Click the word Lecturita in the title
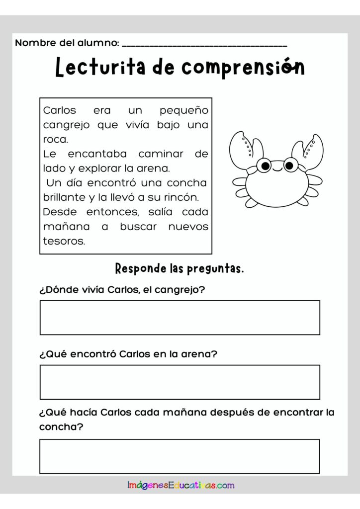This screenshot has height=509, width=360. pyautogui.click(x=100, y=68)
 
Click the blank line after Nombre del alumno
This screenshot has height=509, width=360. pyautogui.click(x=204, y=45)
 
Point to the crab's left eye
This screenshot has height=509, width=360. pyautogui.click(x=265, y=166)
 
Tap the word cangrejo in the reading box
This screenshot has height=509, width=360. pyautogui.click(x=66, y=125)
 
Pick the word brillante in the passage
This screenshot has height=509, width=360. pyautogui.click(x=65, y=197)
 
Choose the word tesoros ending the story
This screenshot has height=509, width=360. pyautogui.click(x=64, y=241)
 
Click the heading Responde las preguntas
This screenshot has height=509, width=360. pyautogui.click(x=180, y=269)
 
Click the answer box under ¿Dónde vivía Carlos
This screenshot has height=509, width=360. pyautogui.click(x=180, y=317)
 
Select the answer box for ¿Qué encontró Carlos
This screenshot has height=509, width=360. pyautogui.click(x=180, y=382)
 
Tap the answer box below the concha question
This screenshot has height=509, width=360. pyautogui.click(x=180, y=456)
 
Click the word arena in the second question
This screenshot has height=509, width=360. pyautogui.click(x=201, y=355)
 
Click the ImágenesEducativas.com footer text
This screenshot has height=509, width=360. pyautogui.click(x=180, y=485)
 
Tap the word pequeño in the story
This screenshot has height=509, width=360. pyautogui.click(x=184, y=110)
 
